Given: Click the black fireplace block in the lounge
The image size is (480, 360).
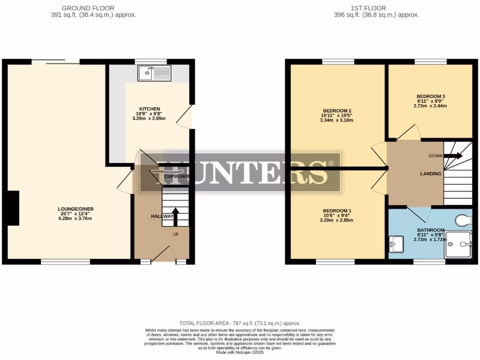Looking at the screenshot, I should click(x=14, y=208).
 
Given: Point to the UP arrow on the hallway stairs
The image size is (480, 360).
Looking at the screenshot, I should click(x=175, y=216).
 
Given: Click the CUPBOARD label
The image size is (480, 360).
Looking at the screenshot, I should click(x=177, y=177).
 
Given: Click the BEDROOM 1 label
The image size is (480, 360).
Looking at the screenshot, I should click(x=337, y=210).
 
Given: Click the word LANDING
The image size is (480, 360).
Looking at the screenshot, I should click(x=430, y=174).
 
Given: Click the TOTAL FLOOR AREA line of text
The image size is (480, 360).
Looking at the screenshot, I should click(x=240, y=323).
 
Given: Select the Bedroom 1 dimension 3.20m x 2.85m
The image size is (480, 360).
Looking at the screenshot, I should click(x=337, y=220).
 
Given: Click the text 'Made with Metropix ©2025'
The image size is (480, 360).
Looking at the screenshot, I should click(x=240, y=352).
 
